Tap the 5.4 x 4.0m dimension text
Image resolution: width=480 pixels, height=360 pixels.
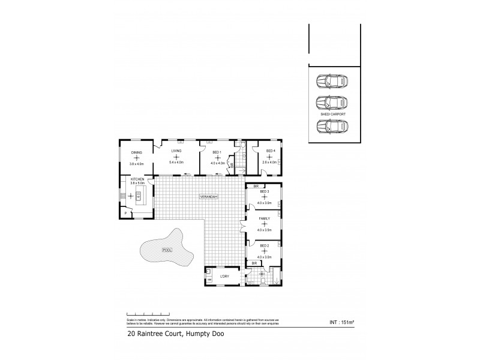[x=176, y=163]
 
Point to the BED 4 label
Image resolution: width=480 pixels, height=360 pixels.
[x=270, y=151]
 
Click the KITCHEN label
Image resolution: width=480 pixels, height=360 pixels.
[x=137, y=179]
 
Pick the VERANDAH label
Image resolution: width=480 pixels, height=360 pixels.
[x=209, y=197]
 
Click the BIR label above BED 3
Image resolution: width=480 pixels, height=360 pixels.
[x=255, y=187]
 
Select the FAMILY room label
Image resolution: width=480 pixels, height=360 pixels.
[x=264, y=219]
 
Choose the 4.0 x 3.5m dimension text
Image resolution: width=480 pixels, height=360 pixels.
[x=264, y=230]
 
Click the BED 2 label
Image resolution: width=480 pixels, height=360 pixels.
[x=264, y=245]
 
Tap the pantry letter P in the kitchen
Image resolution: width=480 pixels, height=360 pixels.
[x=126, y=213]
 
